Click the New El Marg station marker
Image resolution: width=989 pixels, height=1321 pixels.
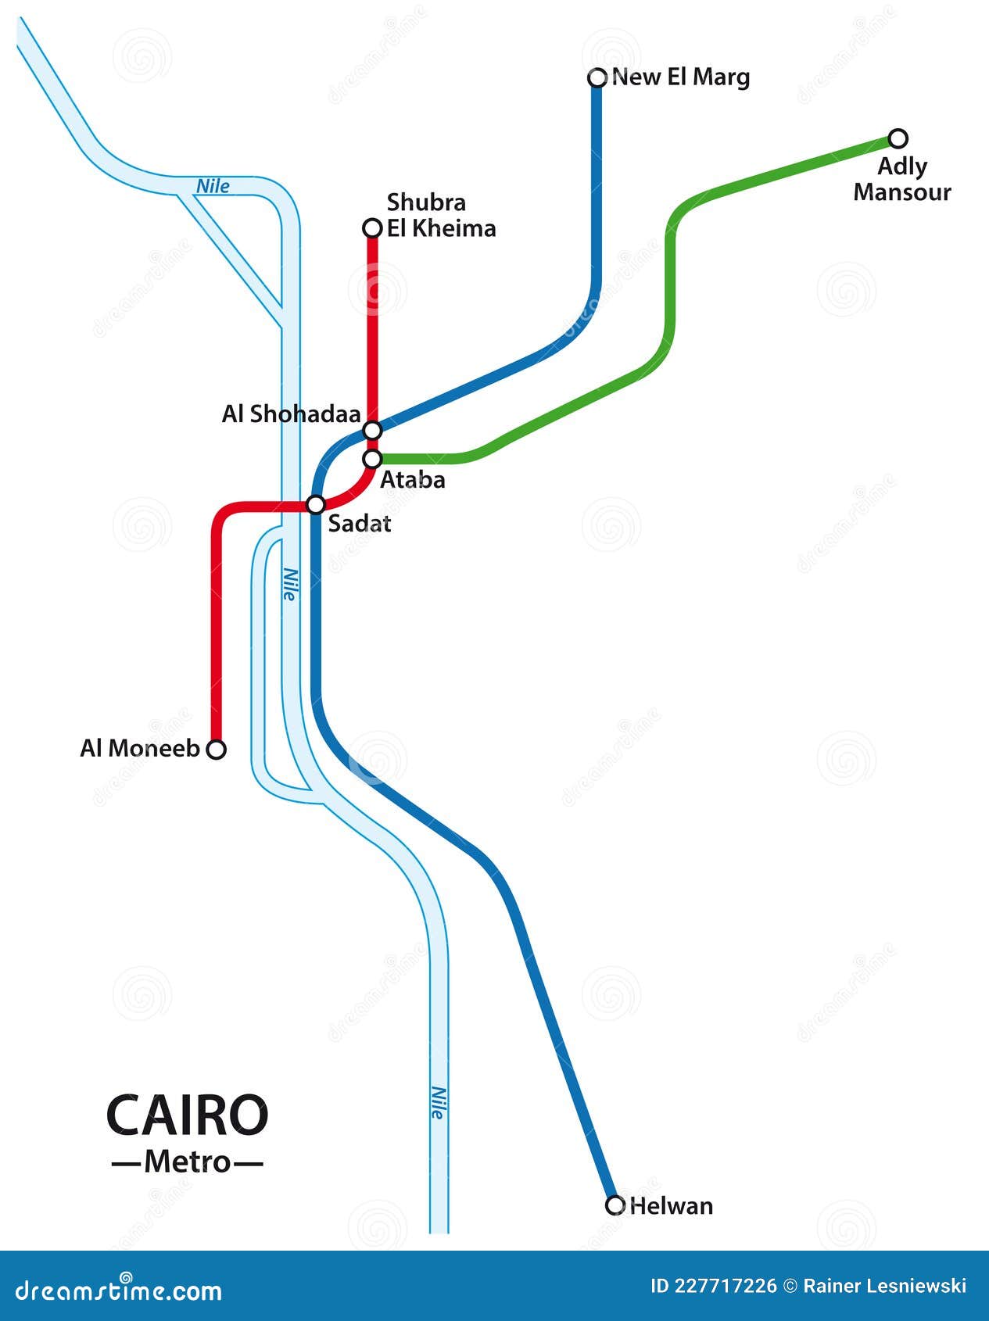597,77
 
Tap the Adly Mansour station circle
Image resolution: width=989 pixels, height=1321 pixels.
899,139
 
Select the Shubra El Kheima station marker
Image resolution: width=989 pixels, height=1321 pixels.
373,228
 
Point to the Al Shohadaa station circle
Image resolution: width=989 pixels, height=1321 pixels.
373,430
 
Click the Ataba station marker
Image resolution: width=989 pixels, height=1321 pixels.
373,458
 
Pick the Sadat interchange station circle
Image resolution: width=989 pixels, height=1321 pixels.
316,504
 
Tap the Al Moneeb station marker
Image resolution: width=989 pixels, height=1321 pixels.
217,749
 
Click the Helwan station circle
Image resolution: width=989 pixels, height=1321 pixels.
615,1205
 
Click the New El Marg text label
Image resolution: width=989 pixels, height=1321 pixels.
681,77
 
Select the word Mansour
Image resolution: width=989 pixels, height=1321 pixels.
901,192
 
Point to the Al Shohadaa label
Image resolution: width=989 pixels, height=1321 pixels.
291,414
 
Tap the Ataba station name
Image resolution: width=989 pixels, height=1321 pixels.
412,480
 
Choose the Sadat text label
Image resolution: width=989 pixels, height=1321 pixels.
359,524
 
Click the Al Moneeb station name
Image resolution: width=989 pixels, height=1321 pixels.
140,748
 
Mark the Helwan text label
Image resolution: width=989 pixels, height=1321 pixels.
671,1206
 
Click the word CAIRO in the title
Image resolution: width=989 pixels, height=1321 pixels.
187,1115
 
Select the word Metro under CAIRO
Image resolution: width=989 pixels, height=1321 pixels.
188,1162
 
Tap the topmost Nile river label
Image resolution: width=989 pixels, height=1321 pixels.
213,186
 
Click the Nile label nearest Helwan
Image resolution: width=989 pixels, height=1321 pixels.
438,1103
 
